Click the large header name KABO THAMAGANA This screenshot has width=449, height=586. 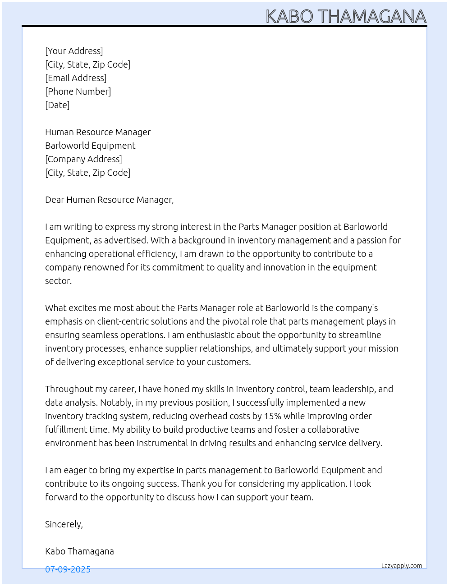[346, 17]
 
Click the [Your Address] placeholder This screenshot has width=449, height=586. [74, 51]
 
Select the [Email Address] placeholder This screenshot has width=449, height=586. [76, 78]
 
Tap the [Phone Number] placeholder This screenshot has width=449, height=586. [78, 92]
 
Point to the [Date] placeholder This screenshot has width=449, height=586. [57, 105]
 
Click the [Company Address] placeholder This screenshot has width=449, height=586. [83, 159]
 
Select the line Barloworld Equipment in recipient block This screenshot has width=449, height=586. [90, 146]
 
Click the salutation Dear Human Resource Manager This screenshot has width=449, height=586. [109, 200]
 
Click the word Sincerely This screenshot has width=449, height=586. [64, 524]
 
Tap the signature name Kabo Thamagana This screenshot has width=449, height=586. [79, 551]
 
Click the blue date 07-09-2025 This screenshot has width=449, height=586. [68, 569]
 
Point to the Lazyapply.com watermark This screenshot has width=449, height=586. [402, 566]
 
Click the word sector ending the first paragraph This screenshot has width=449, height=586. [58, 281]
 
